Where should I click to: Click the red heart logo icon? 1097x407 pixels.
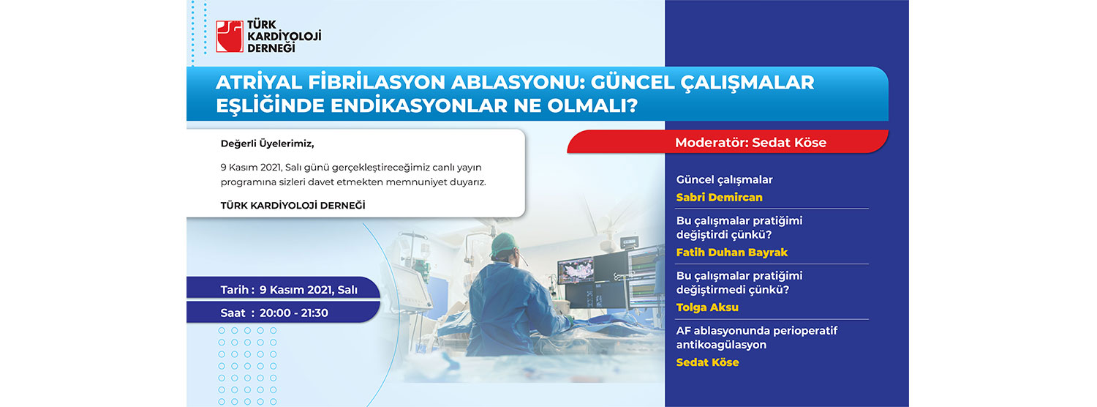click(x=230, y=37)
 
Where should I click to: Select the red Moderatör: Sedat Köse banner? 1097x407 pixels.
click(x=728, y=142)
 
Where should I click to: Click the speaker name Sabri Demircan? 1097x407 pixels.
click(x=719, y=197)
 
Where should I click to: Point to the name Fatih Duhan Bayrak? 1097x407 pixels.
click(x=731, y=252)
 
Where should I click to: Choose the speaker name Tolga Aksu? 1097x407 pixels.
click(x=707, y=307)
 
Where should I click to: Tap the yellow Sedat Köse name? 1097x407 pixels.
click(x=707, y=362)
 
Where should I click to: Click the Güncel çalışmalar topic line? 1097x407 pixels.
click(x=724, y=180)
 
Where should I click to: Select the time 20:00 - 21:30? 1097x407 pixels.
click(x=294, y=313)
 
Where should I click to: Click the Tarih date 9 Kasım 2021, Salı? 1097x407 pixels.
click(x=308, y=290)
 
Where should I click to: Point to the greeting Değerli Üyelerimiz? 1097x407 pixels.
click(x=268, y=143)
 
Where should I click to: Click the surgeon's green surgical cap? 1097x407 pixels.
click(x=505, y=244)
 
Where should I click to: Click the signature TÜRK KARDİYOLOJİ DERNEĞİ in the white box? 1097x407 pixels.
click(x=293, y=206)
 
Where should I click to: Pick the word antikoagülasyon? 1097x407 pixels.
click(x=721, y=345)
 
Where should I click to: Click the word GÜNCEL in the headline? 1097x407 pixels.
click(x=631, y=83)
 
